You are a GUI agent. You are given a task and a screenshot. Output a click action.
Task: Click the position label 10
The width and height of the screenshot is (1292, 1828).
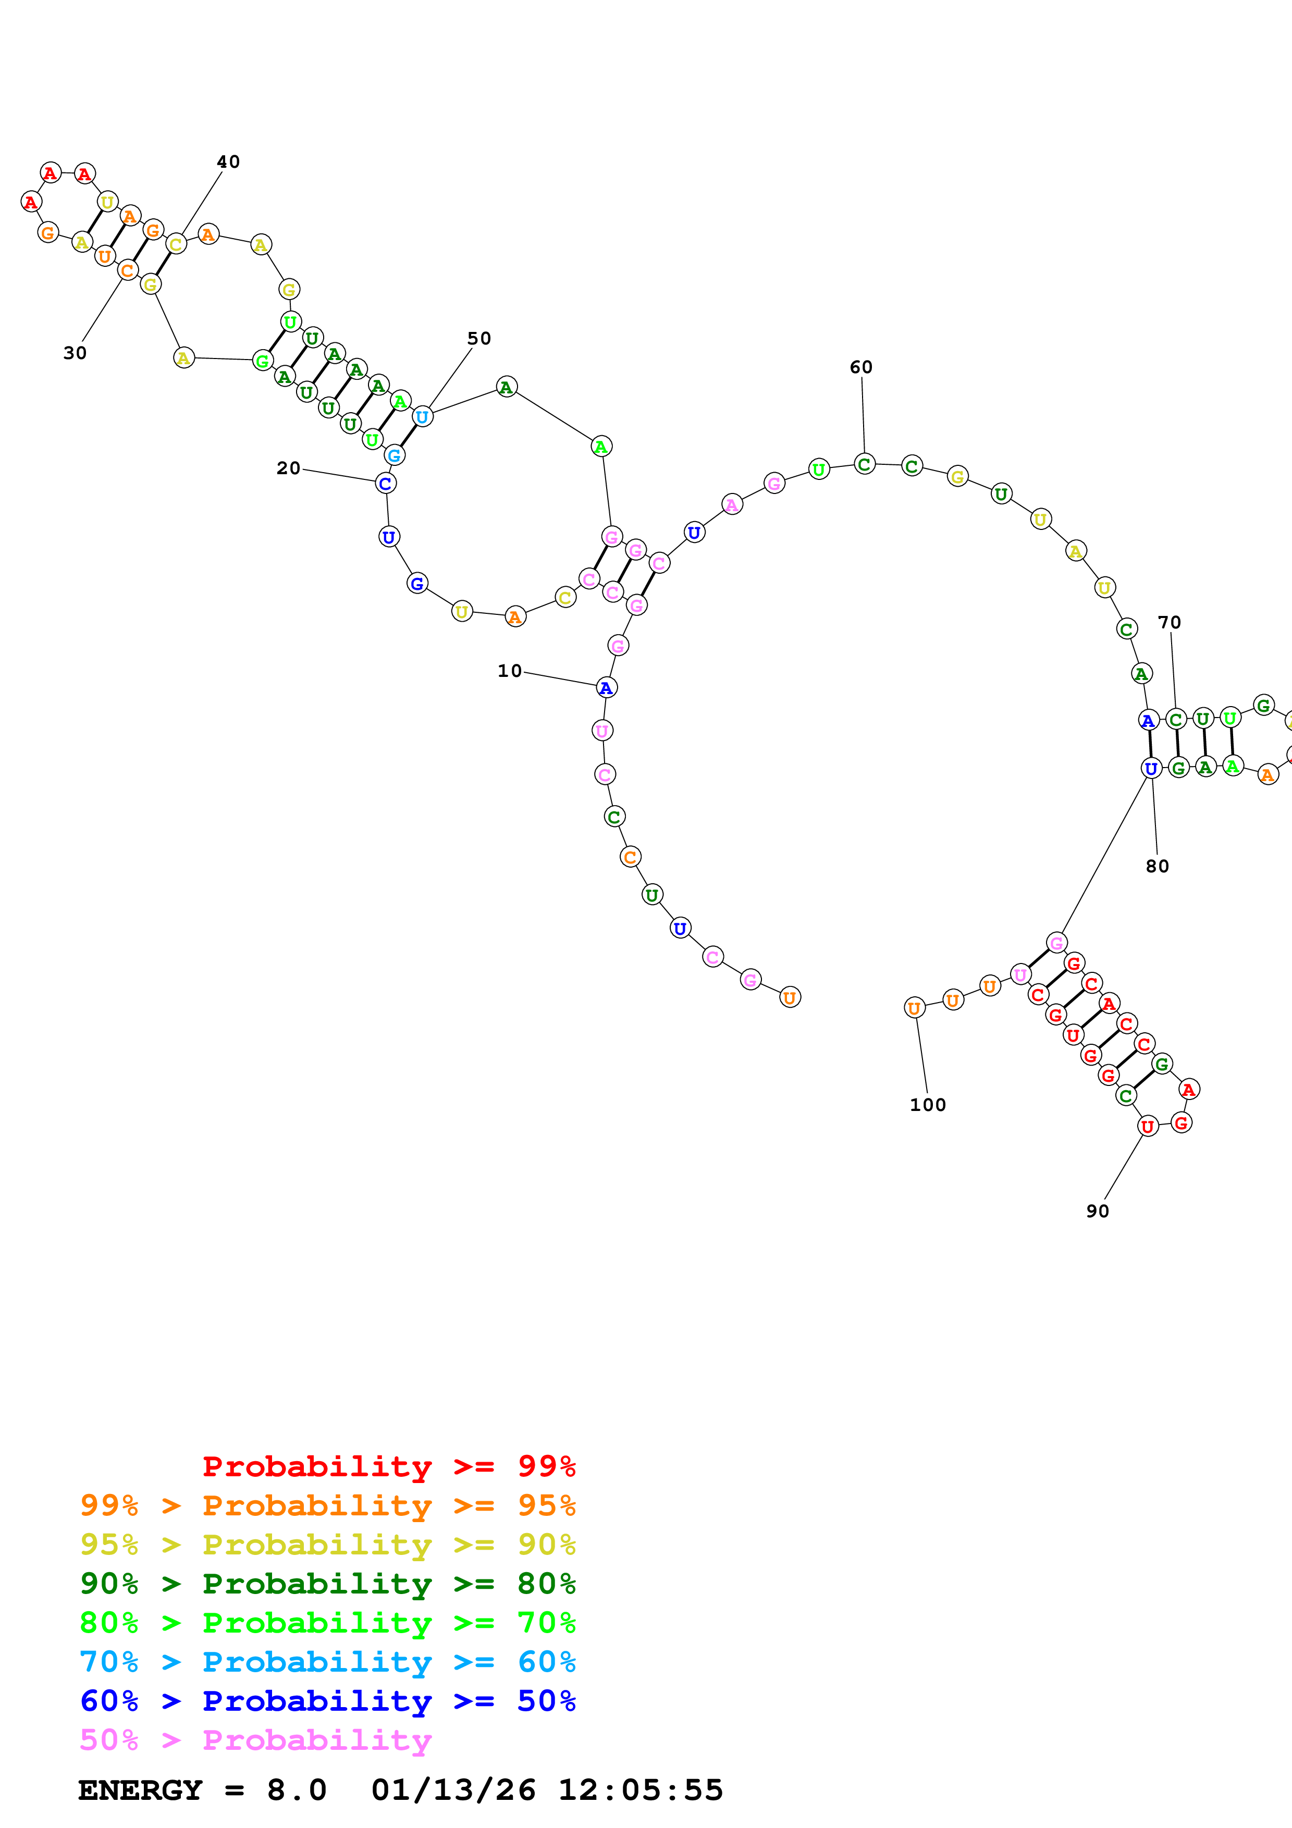click(510, 671)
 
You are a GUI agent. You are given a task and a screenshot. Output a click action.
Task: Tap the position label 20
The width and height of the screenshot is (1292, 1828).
click(288, 468)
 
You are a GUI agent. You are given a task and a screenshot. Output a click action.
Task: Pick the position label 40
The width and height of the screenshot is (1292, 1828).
click(228, 162)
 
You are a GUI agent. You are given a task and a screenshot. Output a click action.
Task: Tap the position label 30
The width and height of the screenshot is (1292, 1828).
click(75, 353)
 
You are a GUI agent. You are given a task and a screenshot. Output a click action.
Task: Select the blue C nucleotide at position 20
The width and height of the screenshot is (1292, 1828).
click(385, 483)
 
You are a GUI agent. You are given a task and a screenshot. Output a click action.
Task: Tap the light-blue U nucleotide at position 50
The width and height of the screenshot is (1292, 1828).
click(422, 416)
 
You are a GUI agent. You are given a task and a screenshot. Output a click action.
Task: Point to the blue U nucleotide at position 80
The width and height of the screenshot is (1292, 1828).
click(1150, 768)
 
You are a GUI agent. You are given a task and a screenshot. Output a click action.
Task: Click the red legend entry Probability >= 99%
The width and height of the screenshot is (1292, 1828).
click(388, 1466)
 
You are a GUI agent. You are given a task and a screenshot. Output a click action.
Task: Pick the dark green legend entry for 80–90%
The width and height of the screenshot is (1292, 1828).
click(327, 1584)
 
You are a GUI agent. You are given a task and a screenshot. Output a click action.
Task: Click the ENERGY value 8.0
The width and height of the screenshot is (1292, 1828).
click(296, 1790)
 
